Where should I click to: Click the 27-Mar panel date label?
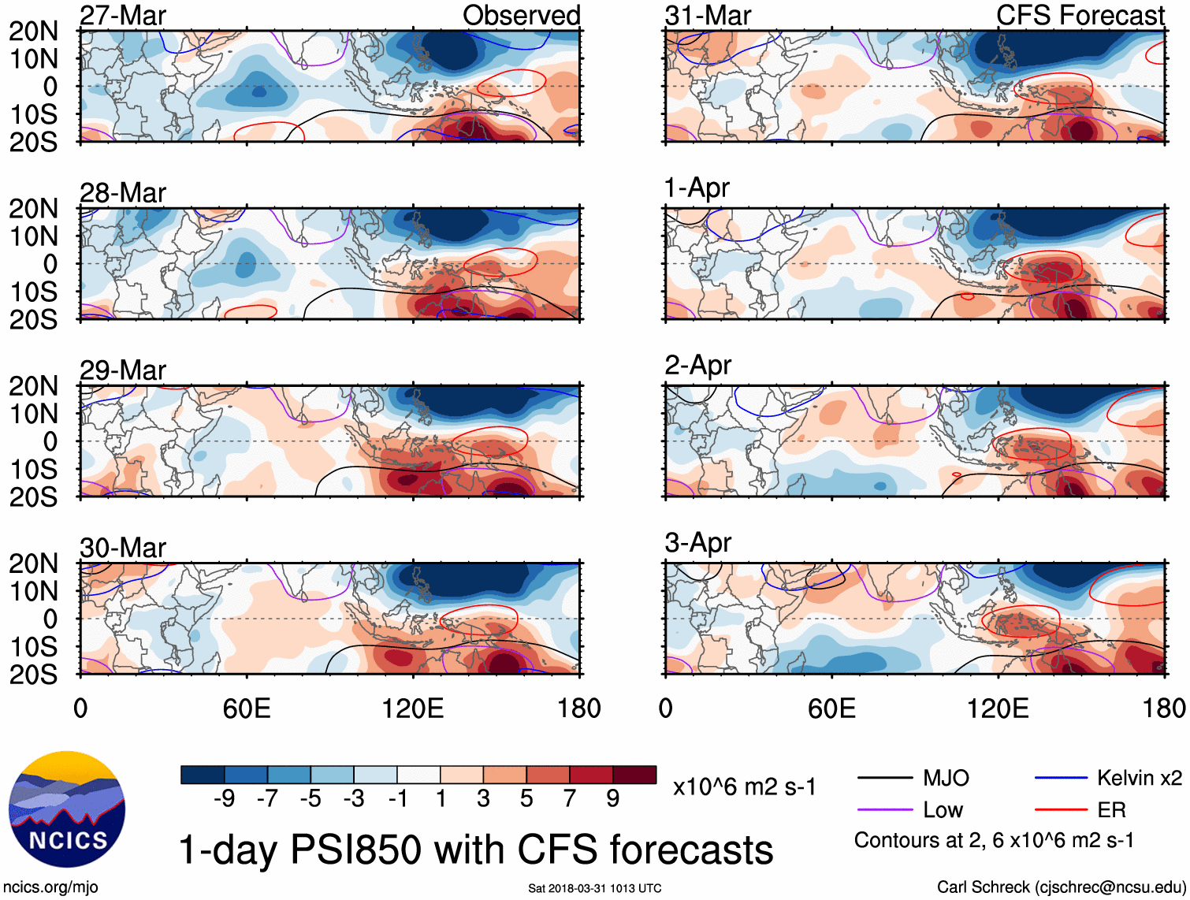(x=123, y=16)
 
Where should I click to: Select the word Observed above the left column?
(x=521, y=16)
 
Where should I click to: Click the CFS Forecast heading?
(x=1080, y=16)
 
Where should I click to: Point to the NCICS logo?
(x=67, y=809)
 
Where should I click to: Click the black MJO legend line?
(x=885, y=779)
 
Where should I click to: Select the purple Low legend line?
(x=885, y=810)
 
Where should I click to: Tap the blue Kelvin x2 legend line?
(x=1061, y=779)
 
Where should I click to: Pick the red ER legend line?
(x=1061, y=810)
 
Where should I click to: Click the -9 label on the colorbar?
(x=224, y=799)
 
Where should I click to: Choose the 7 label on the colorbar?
(x=570, y=799)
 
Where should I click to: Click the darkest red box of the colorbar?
(x=634, y=775)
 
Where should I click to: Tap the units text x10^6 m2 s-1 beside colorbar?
(x=744, y=787)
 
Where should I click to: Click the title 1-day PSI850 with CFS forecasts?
(x=476, y=850)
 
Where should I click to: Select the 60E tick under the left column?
(x=247, y=708)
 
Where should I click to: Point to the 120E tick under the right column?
(x=998, y=708)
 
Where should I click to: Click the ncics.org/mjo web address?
(x=50, y=887)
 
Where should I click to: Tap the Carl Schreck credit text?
(x=1061, y=887)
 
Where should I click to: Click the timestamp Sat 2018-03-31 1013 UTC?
(x=594, y=888)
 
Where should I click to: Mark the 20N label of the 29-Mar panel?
(x=34, y=386)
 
